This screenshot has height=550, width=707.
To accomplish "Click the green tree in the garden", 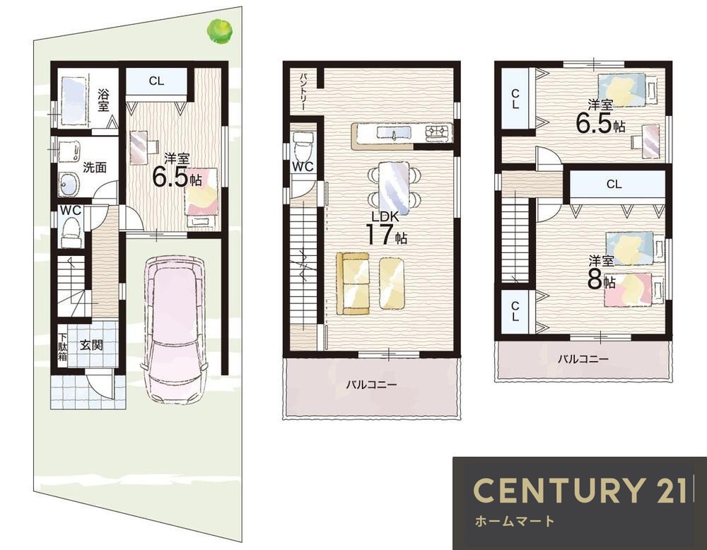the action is coord(220,30).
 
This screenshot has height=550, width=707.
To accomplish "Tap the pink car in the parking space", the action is coord(174,329).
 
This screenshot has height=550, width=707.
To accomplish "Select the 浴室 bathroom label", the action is coord(103,100).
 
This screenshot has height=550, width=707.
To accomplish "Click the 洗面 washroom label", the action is coord(95,168).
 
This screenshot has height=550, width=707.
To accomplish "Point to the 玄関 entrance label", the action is coord(91,345).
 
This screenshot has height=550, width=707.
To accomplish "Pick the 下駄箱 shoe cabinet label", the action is coord(62,347).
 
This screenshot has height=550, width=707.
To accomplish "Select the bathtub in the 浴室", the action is coord(73,101).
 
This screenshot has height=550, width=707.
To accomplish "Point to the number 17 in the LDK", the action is coord(379,235).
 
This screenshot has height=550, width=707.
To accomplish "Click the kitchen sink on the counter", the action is coord(394,133).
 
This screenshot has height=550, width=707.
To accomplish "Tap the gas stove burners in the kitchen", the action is coord(438,131).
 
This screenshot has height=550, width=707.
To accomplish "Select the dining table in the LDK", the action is coord(394,188).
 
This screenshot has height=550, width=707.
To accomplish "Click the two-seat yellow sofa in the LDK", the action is coord(352,283).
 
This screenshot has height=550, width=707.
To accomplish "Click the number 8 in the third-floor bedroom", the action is coord(595,279).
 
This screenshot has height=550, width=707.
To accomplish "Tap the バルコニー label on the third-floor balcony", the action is coord(583,359).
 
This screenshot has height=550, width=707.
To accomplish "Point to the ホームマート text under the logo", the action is coord(515,522).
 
